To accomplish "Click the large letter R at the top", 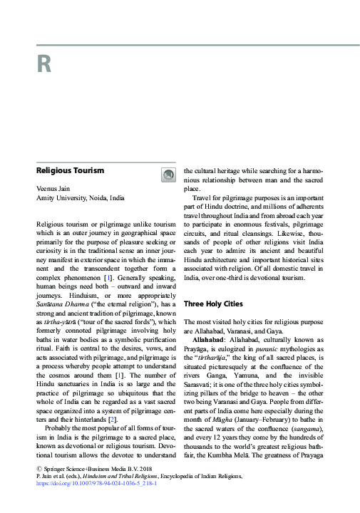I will pos(43,65).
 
